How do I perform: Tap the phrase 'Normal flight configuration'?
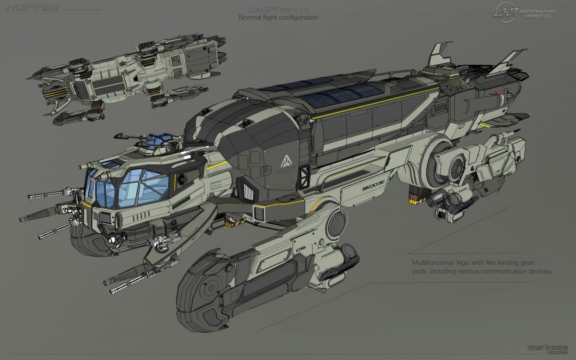tap(278, 18)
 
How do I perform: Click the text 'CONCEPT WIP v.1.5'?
tap(278, 10)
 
